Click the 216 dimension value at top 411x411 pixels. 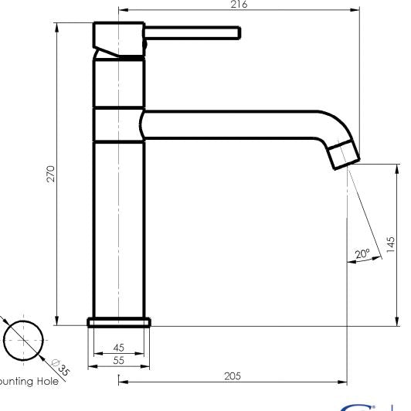point(239,5)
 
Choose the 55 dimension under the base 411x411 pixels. point(118,359)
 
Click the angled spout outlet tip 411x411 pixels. point(344,155)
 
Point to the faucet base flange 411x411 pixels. point(119,321)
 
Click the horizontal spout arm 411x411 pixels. point(232,124)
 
